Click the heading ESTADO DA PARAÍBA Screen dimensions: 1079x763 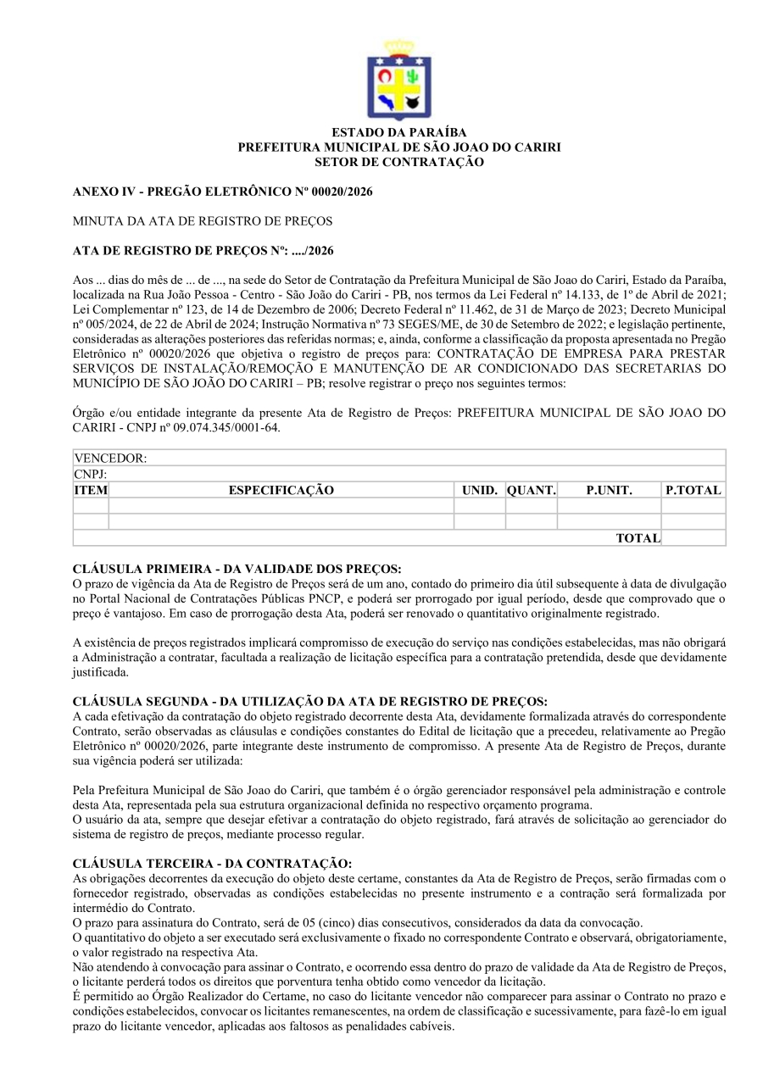point(398,133)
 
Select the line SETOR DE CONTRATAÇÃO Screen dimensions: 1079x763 point(398,161)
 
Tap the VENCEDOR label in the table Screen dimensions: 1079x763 point(110,458)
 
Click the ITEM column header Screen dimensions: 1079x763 point(91,490)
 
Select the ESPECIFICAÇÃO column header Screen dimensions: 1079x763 point(281,490)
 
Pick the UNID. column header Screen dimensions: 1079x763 point(479,490)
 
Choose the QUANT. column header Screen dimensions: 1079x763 point(531,490)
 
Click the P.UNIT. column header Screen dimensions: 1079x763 point(609,490)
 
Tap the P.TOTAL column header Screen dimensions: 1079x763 point(693,490)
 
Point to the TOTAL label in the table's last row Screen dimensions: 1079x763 point(638,538)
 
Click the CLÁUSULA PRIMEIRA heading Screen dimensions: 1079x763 point(237,568)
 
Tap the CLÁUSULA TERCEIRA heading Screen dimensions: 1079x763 point(212,863)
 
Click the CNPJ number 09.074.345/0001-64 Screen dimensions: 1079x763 point(219,427)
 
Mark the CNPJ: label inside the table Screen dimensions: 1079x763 point(90,474)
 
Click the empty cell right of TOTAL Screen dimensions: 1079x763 point(693,538)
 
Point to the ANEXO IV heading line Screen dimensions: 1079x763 point(223,192)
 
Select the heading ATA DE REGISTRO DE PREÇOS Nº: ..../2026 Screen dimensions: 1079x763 point(203,251)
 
